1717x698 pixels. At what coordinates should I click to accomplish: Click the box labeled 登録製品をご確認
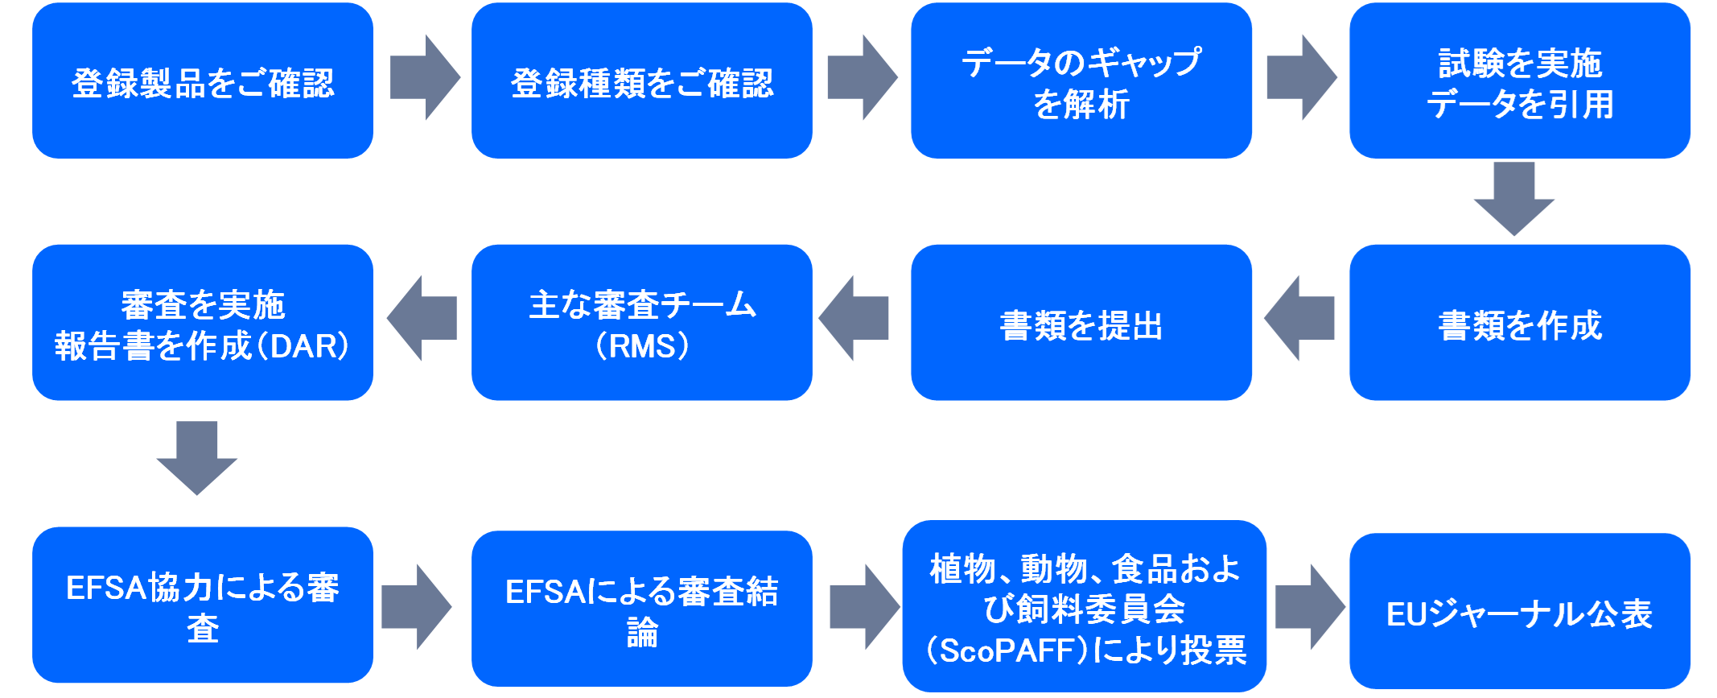tap(203, 81)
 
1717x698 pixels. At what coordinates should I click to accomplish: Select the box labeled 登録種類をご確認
tap(641, 81)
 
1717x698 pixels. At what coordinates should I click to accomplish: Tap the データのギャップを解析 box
tap(1081, 81)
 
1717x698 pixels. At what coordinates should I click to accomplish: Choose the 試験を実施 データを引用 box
tap(1519, 81)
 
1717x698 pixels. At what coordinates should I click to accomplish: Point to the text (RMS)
tap(641, 346)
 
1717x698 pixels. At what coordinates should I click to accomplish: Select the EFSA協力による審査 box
tap(203, 605)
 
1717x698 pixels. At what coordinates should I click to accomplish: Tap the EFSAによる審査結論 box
tap(641, 609)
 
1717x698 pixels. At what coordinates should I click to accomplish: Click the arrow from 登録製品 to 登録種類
tap(424, 77)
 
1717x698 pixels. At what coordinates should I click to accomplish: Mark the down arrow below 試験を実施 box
tap(1513, 197)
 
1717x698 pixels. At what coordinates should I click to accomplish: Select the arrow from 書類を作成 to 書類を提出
tap(1299, 318)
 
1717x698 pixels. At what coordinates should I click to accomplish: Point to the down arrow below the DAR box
tap(197, 456)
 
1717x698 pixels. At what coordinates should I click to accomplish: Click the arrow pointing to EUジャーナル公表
tap(1309, 607)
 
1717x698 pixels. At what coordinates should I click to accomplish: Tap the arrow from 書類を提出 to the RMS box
tap(854, 318)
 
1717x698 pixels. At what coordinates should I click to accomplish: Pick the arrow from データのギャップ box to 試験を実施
tap(1300, 77)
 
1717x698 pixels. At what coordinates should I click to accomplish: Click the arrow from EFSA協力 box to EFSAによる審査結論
tap(416, 607)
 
